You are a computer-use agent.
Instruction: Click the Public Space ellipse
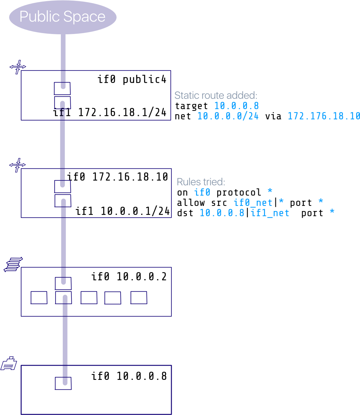[x=63, y=17]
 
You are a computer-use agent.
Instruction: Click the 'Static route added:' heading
[x=215, y=95]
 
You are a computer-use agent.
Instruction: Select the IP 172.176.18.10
[x=323, y=116]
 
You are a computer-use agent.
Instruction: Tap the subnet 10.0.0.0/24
[x=228, y=116]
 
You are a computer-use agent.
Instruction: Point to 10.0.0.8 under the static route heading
[x=236, y=106]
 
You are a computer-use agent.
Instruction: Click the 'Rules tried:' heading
[x=200, y=182]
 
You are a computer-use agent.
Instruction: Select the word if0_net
[x=252, y=202]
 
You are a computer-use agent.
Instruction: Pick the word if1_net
[x=270, y=213]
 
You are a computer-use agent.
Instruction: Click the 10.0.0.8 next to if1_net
[x=222, y=213]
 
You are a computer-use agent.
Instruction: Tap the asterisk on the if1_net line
[x=332, y=212]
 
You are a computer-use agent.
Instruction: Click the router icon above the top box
[x=17, y=67]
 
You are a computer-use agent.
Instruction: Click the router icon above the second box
[x=17, y=165]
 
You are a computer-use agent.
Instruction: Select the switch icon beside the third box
[x=13, y=264]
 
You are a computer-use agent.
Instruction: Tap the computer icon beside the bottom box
[x=9, y=364]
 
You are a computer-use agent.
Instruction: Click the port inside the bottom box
[x=63, y=383]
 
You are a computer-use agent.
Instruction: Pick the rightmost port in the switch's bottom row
[x=139, y=298]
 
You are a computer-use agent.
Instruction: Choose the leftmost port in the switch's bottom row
[x=39, y=298]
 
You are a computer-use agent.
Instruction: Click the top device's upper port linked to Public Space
[x=62, y=88]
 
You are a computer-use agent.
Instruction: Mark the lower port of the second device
[x=63, y=201]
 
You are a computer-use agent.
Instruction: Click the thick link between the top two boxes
[x=62, y=145]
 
